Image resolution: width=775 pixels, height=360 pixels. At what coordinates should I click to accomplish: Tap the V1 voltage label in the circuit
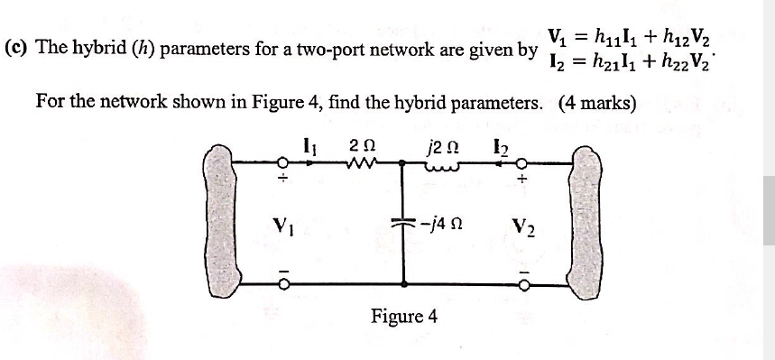pyautogui.click(x=283, y=221)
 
